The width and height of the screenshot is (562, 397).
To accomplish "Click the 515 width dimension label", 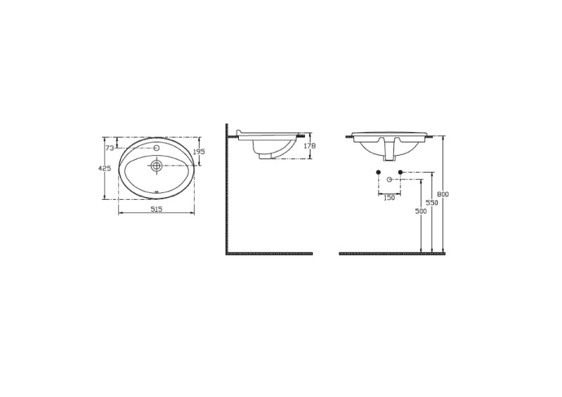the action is click(x=156, y=209).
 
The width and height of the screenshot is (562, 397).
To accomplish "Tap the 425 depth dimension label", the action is click(x=104, y=168).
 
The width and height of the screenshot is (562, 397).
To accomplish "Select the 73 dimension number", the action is click(x=110, y=147).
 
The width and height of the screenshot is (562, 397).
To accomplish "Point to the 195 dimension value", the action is click(x=199, y=152).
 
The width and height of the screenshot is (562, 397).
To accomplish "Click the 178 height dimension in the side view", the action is click(x=309, y=146).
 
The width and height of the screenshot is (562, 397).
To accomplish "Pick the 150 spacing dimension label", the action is click(x=389, y=197).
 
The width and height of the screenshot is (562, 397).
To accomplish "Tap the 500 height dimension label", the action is click(x=420, y=211).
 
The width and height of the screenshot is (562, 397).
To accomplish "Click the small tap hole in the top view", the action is click(x=156, y=147).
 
